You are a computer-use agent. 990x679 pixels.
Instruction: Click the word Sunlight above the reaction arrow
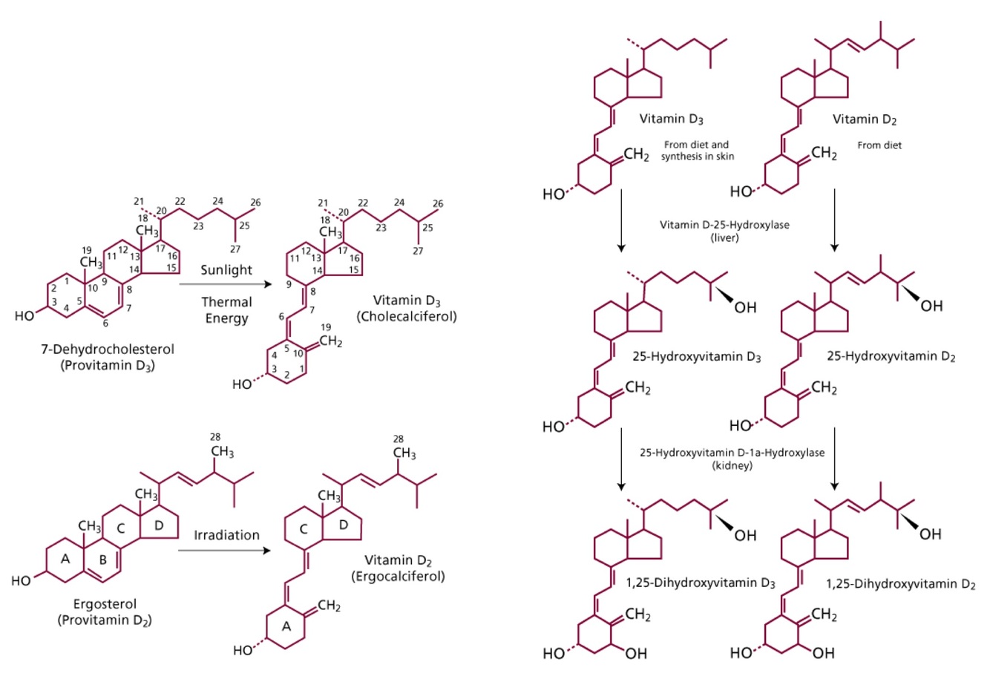[226, 270]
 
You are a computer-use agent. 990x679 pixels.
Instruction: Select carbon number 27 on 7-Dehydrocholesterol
[235, 250]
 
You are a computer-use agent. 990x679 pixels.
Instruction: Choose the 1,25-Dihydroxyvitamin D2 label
[900, 584]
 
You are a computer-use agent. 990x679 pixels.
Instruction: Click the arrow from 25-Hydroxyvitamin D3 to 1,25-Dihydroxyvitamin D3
[620, 459]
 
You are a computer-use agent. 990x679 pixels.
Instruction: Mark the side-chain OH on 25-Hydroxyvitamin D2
[931, 305]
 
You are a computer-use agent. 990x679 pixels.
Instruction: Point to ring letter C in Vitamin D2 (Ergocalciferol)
[303, 529]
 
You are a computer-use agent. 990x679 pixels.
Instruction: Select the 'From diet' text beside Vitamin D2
[879, 145]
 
